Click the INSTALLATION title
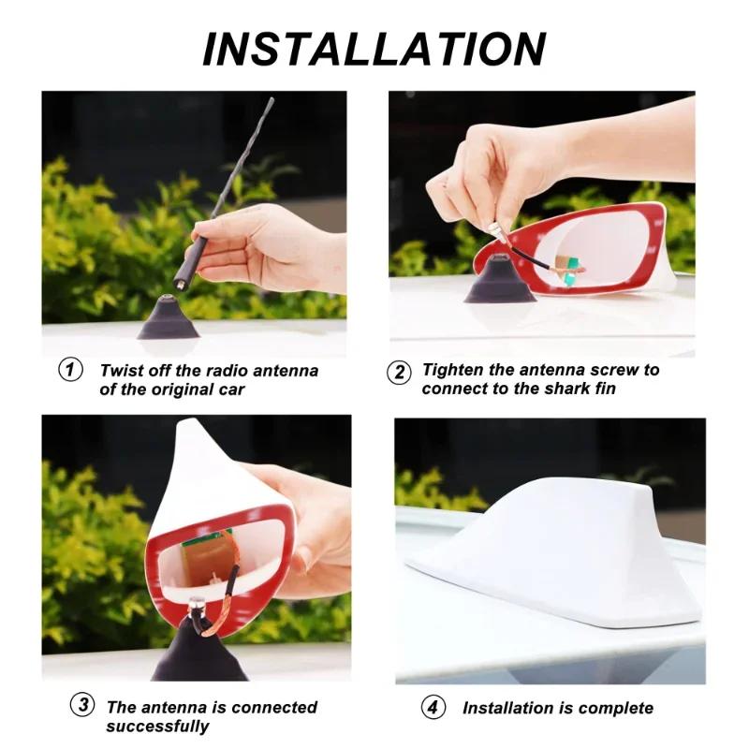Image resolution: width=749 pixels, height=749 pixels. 374,49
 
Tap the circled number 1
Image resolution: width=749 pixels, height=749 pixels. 70,370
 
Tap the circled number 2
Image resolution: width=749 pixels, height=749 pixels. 399,372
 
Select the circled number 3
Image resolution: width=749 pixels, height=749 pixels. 83,706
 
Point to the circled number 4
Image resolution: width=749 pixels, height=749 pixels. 433,708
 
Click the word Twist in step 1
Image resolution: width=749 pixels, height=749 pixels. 120,371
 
